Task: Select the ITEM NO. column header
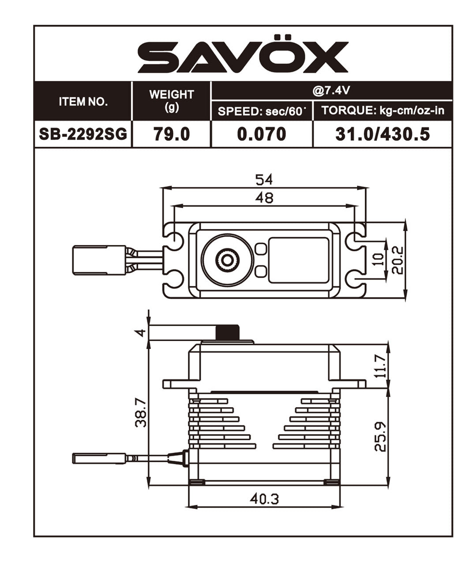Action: click(83, 102)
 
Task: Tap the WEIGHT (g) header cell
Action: click(172, 101)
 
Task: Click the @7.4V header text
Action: click(331, 91)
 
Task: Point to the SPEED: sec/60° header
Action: click(262, 111)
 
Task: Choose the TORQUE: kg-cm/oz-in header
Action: click(383, 111)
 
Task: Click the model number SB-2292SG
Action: click(83, 134)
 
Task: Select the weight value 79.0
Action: click(172, 134)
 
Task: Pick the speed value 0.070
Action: click(262, 134)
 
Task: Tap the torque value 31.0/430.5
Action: click(382, 134)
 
